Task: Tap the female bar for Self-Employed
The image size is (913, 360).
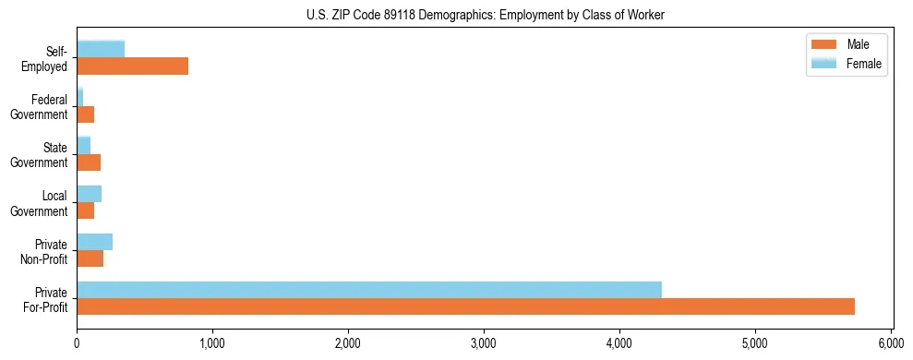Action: [101, 49]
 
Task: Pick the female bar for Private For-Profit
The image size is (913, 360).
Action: [369, 289]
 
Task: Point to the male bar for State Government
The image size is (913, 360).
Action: [89, 162]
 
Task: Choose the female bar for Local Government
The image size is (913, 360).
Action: [89, 193]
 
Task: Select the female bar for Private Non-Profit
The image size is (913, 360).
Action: [94, 241]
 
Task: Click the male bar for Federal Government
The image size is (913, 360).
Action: [85, 114]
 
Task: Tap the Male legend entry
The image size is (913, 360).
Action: [846, 44]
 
